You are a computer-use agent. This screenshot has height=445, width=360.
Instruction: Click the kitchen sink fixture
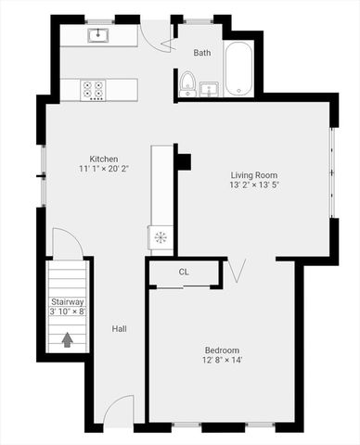99,36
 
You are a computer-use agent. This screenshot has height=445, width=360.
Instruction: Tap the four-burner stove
94,89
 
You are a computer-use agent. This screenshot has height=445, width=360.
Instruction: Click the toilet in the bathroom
186,84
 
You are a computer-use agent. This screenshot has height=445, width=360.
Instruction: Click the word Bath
202,53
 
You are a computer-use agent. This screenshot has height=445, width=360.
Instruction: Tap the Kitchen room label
103,159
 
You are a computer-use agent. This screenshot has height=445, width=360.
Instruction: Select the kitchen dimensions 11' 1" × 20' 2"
103,169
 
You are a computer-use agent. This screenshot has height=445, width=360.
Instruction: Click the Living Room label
254,174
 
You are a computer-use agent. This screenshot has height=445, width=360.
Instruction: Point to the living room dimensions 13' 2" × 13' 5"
254,184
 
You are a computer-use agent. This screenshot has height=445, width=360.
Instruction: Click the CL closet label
184,273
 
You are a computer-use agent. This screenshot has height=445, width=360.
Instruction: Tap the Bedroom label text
223,350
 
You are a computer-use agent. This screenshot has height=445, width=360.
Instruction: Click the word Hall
120,328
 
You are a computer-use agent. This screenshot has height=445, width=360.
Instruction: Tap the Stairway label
67,301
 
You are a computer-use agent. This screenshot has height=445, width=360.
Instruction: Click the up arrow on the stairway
67,339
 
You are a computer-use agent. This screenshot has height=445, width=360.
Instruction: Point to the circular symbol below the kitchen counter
160,236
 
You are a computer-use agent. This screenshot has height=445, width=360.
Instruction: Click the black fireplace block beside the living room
184,161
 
